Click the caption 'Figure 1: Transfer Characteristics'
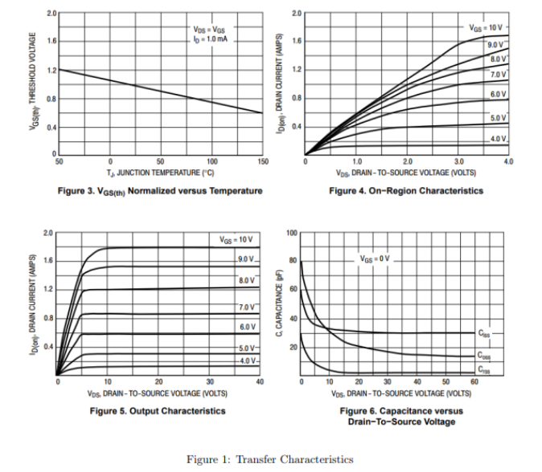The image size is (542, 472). pos(269,459)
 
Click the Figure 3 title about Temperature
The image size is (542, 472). pos(160,190)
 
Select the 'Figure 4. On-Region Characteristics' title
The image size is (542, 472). pos(406,190)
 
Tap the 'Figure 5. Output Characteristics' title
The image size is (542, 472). pos(158,410)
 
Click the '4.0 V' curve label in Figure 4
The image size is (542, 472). pos(498,139)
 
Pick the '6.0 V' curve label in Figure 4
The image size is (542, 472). pos(498,94)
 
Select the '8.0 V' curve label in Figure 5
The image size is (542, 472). pos(246,279)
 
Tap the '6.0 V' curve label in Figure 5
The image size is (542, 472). pos(246,327)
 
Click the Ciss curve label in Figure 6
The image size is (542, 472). pos(483,332)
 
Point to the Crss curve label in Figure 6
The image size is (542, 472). pos(483,370)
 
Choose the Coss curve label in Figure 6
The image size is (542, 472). pos(483,355)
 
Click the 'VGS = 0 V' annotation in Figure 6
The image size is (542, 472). pos(375,258)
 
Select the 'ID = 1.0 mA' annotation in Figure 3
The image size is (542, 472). pos(210,39)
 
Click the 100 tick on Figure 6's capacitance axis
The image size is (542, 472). pos(292,233)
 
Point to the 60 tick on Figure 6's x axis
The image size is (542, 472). pos(474,382)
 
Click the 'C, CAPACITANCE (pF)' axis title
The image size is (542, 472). pos(277,303)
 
